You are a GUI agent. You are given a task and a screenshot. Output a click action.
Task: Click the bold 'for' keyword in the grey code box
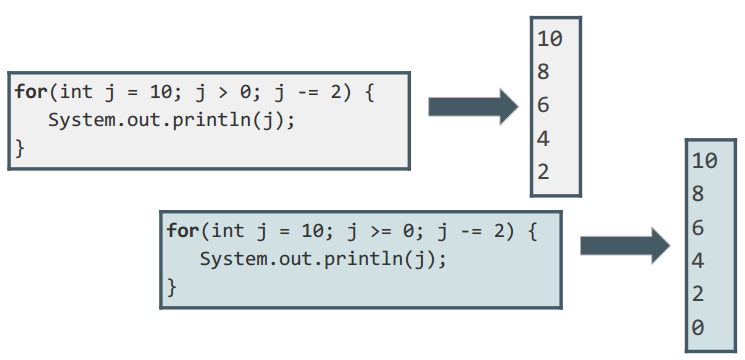click(31, 91)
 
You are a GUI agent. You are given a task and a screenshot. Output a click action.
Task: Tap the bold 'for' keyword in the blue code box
click(182, 231)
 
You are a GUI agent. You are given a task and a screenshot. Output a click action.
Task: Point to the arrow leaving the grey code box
click(473, 107)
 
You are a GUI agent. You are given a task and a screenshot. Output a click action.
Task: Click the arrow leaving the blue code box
click(625, 246)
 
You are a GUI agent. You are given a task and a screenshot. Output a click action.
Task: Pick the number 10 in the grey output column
click(550, 38)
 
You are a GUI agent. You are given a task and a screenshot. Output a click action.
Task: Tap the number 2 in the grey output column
click(544, 171)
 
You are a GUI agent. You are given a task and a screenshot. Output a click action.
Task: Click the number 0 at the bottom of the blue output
click(697, 327)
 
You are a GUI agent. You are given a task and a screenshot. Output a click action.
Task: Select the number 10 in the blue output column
click(705, 161)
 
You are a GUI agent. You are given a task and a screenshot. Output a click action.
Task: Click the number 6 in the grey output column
click(544, 105)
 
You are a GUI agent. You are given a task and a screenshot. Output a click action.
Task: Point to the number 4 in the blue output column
click(697, 261)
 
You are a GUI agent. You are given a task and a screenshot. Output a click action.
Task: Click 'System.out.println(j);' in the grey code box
click(172, 120)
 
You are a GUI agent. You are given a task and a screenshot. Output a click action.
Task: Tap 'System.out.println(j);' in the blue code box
click(323, 259)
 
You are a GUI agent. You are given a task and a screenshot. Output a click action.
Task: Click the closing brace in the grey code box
click(19, 148)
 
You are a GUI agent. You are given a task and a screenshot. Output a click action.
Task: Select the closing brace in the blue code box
click(172, 287)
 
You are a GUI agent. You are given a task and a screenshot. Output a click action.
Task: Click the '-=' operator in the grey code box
click(308, 92)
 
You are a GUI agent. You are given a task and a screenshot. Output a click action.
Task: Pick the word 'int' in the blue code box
click(228, 231)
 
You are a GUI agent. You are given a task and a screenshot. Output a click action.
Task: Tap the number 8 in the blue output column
click(697, 194)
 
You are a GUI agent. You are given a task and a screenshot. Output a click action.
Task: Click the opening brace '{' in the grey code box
click(370, 92)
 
